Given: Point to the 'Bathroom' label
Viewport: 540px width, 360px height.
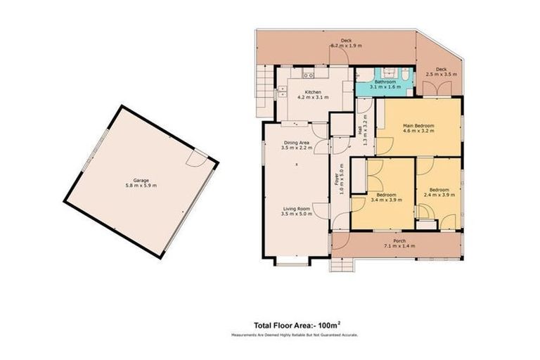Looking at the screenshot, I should (x=385, y=82).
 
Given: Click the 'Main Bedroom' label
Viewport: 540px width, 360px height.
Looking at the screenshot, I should (x=418, y=125).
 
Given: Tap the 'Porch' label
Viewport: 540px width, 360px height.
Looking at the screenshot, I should (x=399, y=241).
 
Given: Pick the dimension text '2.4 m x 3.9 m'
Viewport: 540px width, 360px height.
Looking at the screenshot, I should (x=440, y=195).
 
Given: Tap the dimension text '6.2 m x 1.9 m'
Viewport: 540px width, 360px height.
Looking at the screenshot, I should (x=346, y=46).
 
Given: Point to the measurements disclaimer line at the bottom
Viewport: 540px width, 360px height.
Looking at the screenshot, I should (x=295, y=335).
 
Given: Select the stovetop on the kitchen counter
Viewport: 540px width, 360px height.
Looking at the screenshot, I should (x=308, y=75).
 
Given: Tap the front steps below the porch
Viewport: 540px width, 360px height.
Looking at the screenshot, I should (x=342, y=264).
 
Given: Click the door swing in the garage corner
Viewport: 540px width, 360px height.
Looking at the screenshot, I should (x=199, y=159).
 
